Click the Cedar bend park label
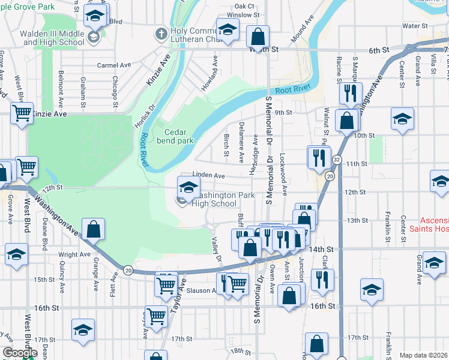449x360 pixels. click(179, 136)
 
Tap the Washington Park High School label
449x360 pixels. click(214, 199)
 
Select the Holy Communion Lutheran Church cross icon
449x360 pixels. click(161, 34)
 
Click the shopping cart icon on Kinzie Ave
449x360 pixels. click(22, 112)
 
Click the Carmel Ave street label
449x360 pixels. click(114, 65)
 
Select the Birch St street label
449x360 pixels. click(226, 144)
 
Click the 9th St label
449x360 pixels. click(283, 112)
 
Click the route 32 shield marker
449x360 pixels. click(337, 160)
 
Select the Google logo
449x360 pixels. click(19, 353)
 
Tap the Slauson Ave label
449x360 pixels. click(203, 290)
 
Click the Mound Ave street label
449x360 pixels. click(303, 32)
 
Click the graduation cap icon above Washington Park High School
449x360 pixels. click(188, 186)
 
